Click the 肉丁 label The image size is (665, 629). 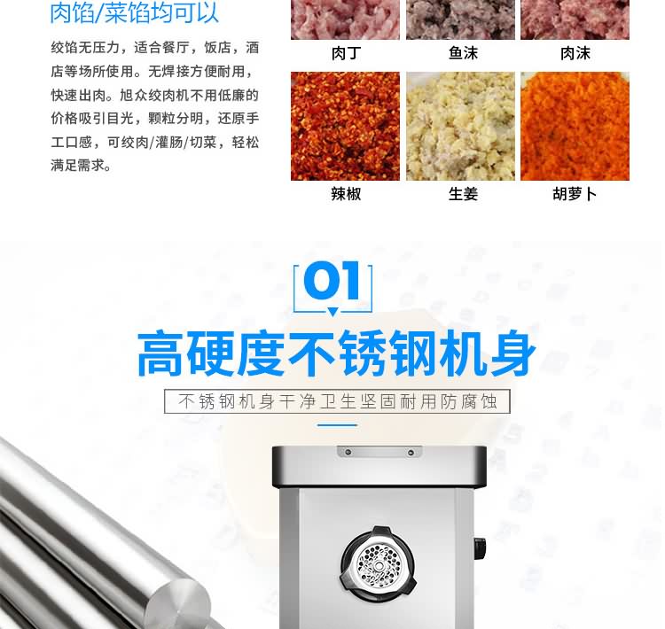[346, 53]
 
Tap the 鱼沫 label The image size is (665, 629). [463, 53]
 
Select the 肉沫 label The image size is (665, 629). [575, 53]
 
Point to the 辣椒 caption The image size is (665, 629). [346, 194]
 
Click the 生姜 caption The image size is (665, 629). [463, 194]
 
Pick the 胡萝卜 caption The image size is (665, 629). [575, 194]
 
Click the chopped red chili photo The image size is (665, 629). [345, 127]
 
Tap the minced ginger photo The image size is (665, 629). [460, 127]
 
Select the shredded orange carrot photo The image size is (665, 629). [575, 127]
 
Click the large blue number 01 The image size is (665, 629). [332, 281]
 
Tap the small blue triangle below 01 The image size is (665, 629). [332, 312]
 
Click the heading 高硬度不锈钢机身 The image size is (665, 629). [337, 353]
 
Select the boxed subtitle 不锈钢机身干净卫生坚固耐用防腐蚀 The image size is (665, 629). [337, 401]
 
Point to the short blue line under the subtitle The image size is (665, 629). [337, 424]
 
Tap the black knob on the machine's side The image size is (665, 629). [480, 548]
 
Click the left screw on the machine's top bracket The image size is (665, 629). [348, 452]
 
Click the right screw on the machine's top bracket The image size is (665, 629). [411, 453]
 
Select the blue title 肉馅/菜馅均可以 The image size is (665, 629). [135, 12]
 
